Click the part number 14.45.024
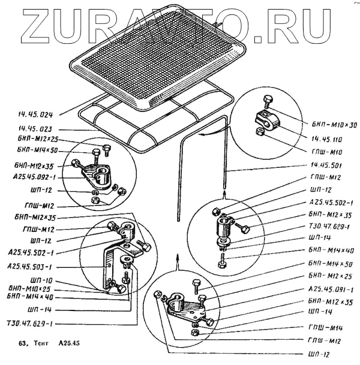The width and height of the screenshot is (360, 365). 37,112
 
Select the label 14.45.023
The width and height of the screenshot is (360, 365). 37,128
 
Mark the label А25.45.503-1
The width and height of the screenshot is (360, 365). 31,266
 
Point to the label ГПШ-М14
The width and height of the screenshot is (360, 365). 327,328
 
